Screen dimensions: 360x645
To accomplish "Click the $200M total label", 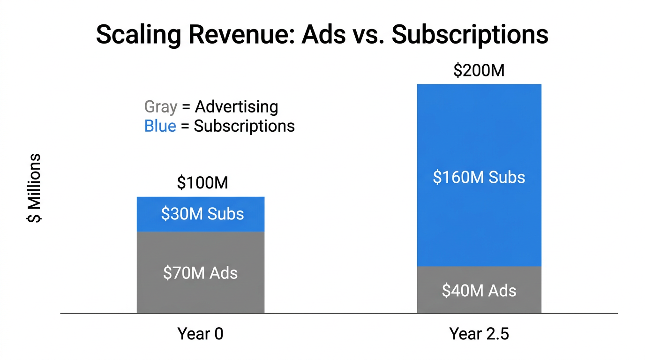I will (479, 70).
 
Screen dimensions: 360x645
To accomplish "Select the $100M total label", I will (202, 183).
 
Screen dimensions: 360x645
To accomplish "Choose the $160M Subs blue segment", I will (479, 141).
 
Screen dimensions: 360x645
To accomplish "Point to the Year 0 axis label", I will (200, 334).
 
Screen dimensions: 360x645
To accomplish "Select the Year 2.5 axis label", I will (479, 334).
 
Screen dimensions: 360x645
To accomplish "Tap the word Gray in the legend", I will (161, 107).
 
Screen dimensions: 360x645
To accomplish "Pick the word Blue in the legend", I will (160, 126).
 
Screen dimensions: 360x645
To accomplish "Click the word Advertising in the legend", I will (237, 107).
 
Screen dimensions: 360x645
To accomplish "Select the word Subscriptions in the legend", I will (244, 126).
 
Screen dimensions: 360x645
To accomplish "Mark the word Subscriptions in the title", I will (470, 35).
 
